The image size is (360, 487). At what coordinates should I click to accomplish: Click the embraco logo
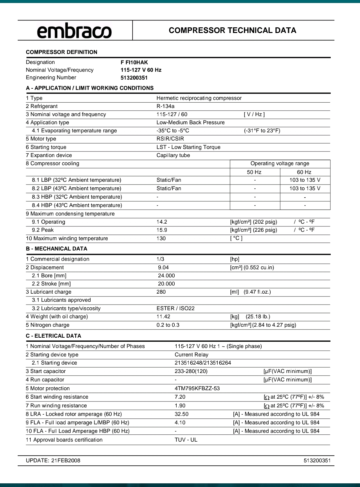coord(74,31)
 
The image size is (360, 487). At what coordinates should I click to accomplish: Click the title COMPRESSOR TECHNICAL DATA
coord(232,30)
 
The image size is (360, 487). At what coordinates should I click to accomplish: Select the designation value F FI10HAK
coord(134,62)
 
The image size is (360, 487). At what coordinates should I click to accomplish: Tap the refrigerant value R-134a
coord(165,106)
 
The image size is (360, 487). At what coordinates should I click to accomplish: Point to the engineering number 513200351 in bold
coord(134,78)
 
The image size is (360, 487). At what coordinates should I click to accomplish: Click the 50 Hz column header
coord(254,172)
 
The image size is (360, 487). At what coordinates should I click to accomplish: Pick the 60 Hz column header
coord(304,172)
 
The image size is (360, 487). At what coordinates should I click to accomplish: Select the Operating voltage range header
coord(280,163)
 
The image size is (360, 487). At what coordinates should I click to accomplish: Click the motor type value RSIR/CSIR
coord(170,139)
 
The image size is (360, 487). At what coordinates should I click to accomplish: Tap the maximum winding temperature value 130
coord(161,238)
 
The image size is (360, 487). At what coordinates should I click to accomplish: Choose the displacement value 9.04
coord(163,267)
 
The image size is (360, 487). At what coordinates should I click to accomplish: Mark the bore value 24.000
coord(166,276)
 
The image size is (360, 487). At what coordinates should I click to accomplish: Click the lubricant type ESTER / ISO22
coord(175,308)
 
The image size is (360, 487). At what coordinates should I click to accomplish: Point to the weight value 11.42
coord(163,317)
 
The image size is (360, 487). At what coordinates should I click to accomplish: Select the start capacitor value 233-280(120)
coord(191,371)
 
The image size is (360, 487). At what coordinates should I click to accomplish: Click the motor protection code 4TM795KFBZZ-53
coord(197,388)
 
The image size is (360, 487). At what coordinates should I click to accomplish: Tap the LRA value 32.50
coord(181,414)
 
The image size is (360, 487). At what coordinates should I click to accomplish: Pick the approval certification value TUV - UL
coord(186,440)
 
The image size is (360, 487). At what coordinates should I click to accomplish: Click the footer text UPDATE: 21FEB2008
coord(53,460)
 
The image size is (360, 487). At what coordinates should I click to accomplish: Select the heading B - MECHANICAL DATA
coord(57,249)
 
